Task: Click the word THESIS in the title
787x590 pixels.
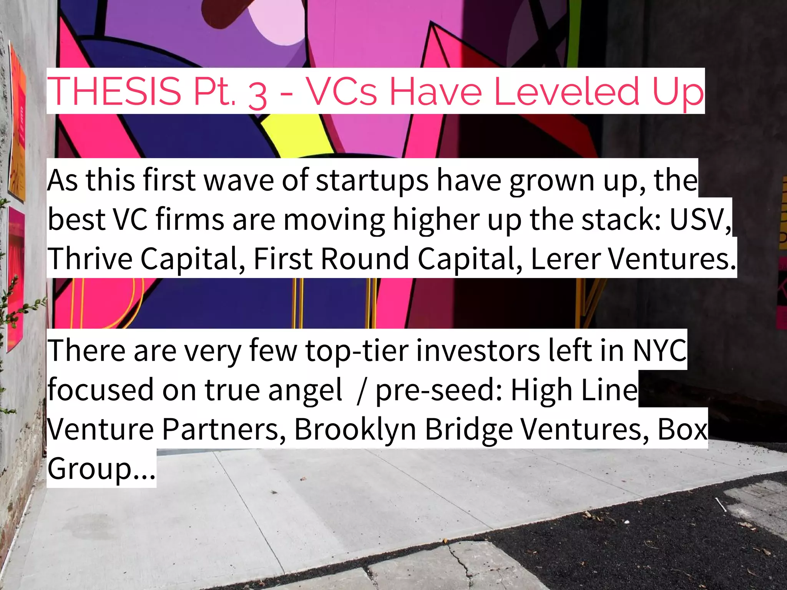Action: point(114,91)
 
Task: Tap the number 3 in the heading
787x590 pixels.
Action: point(257,94)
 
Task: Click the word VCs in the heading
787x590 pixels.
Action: point(342,91)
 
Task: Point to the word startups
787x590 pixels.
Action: point(372,181)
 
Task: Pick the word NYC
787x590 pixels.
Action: point(659,350)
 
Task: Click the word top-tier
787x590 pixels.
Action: point(357,350)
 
